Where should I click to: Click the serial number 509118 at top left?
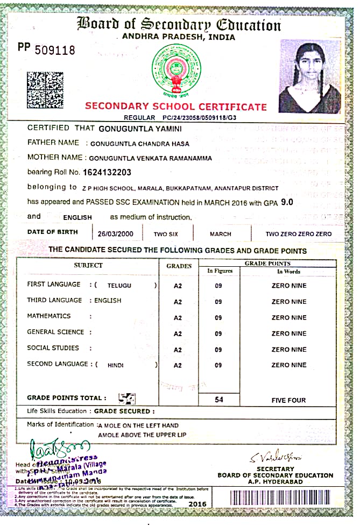click(x=55, y=50)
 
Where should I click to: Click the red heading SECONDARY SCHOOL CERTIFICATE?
click(x=175, y=106)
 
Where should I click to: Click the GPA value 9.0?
click(x=287, y=202)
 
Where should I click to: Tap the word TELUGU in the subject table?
click(x=119, y=286)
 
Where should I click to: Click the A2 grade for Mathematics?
click(x=178, y=318)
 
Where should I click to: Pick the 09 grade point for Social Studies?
click(x=218, y=350)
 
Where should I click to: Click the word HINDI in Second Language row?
click(x=116, y=365)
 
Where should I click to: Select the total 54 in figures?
click(x=219, y=400)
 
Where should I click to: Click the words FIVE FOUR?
click(x=288, y=400)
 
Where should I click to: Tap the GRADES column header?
click(x=179, y=266)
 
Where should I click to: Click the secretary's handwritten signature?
click(x=275, y=458)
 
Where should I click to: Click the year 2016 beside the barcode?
click(x=197, y=503)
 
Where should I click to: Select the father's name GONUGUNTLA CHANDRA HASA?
click(x=139, y=144)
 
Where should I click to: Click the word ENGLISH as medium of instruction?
click(x=77, y=218)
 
